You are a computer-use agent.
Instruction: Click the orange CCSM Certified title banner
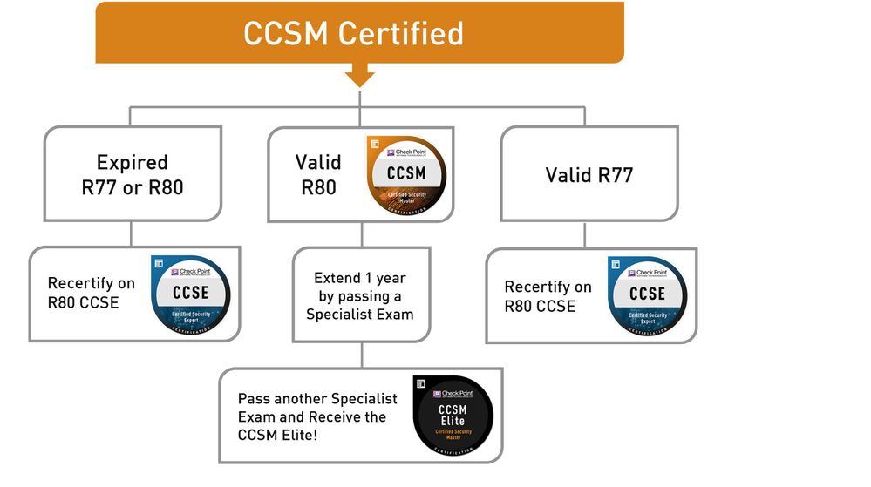[359, 32]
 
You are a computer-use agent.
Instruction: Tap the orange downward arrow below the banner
[359, 77]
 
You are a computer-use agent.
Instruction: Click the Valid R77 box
[589, 173]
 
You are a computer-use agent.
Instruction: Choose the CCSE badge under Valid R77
[647, 295]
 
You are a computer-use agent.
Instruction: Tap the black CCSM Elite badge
[452, 416]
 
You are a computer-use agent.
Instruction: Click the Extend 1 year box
[360, 295]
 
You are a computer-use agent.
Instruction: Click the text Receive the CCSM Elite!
[312, 426]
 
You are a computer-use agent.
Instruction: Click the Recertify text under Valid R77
[548, 287]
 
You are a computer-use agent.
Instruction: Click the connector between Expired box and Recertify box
[131, 233]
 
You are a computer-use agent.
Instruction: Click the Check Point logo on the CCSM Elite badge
[452, 393]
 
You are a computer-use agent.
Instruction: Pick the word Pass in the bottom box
[253, 399]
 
